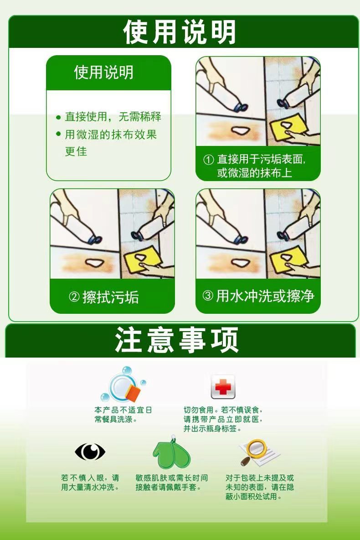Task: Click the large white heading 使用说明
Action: [x=179, y=31]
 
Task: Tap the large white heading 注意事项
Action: [x=176, y=340]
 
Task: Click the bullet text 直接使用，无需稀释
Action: [x=113, y=117]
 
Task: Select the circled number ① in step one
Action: [x=209, y=160]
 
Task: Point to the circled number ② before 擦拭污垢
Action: [x=74, y=297]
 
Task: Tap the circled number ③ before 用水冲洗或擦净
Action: [x=207, y=296]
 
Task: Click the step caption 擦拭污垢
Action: [x=111, y=297]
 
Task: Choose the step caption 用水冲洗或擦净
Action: [x=265, y=296]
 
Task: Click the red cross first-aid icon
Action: [x=223, y=387]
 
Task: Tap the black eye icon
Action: [x=90, y=452]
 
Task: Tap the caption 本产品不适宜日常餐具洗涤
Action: [x=123, y=415]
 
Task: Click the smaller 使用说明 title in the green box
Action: [x=103, y=73]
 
